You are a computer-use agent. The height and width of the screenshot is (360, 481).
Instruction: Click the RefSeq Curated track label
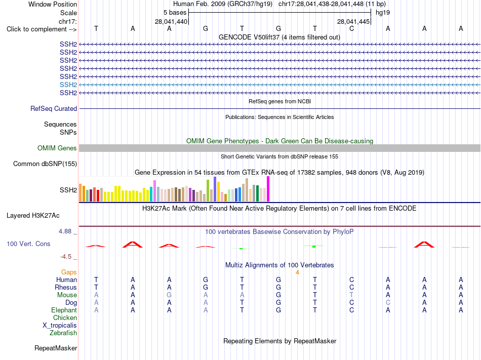(x=54, y=108)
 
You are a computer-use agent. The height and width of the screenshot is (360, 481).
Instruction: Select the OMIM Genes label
(x=57, y=148)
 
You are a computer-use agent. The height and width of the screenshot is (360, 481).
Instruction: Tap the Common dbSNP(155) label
(x=45, y=164)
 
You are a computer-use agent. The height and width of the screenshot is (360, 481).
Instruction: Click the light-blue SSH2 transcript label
(x=68, y=85)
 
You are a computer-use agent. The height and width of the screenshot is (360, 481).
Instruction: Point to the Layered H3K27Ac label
(x=33, y=216)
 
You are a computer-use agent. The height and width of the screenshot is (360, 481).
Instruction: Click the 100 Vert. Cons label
(x=28, y=244)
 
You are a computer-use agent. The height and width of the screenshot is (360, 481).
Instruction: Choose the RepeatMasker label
(x=56, y=348)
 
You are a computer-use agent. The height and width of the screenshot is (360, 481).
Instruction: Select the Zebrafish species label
(x=63, y=333)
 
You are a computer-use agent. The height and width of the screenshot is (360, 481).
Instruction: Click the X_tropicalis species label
(x=60, y=326)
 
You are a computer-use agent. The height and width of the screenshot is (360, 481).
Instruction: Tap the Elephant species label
(x=64, y=310)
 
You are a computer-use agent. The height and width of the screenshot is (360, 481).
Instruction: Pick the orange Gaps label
(x=69, y=272)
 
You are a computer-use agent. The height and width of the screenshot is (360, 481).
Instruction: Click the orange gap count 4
(x=297, y=272)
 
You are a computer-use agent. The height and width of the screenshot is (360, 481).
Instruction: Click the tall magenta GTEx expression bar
(x=268, y=189)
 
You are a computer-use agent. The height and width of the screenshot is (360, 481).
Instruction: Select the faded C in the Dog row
(x=388, y=302)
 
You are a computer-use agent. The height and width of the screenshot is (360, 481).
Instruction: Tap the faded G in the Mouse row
(x=169, y=295)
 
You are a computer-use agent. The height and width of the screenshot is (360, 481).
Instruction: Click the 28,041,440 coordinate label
(x=171, y=21)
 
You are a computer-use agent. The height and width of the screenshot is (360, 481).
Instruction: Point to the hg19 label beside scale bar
(x=383, y=13)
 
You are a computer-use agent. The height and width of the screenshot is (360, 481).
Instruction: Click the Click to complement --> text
(x=42, y=29)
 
